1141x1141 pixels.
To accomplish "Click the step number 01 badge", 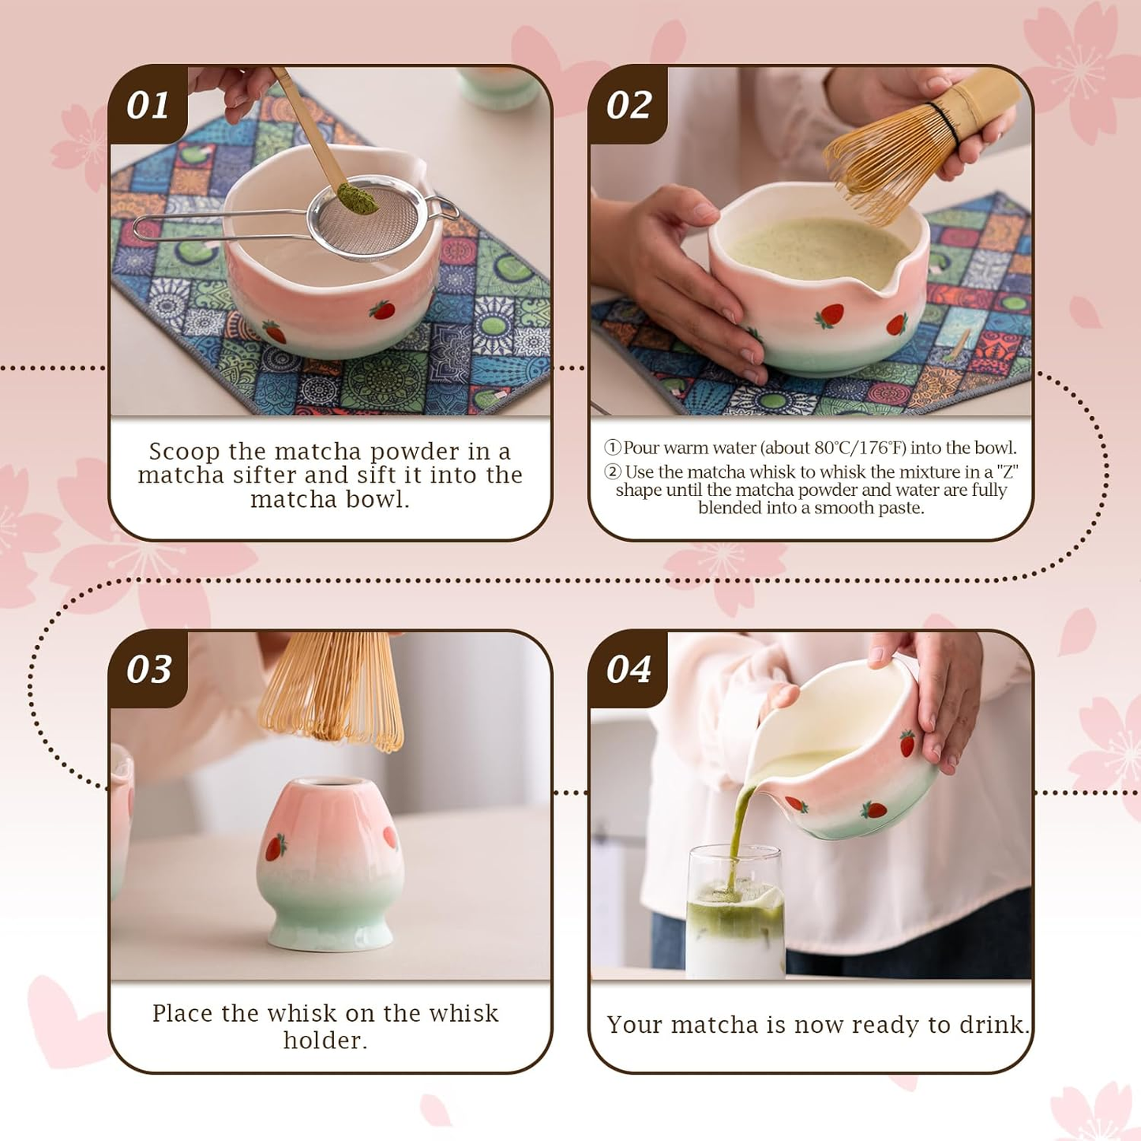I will [148, 105].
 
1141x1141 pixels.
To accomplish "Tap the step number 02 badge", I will [629, 105].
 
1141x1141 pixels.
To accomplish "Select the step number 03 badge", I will [148, 669].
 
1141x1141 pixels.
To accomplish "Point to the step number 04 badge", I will [629, 669].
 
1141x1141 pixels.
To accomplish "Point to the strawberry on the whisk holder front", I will [275, 847].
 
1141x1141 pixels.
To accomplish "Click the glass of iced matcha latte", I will [734, 916].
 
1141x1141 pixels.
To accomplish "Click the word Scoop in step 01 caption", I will [184, 452].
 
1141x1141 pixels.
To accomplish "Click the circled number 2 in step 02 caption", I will [613, 472].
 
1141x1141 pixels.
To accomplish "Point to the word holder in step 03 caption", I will [325, 1041].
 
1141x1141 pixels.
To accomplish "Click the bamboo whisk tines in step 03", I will [332, 695].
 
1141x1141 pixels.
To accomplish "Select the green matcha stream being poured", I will [739, 829].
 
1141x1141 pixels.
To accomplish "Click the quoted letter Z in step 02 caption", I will [1007, 472].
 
